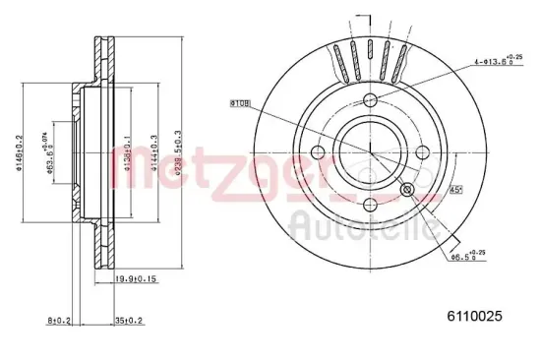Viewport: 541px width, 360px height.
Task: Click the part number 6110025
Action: coord(476,316)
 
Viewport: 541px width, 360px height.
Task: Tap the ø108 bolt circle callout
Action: coord(241,101)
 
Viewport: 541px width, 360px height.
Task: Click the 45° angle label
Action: coord(457,190)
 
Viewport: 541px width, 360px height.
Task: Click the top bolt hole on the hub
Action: coord(370,100)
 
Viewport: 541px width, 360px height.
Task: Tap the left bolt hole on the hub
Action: coord(319,151)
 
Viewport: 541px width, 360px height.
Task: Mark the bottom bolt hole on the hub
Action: coord(370,204)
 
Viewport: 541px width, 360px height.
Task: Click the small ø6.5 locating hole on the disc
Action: coord(408,190)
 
